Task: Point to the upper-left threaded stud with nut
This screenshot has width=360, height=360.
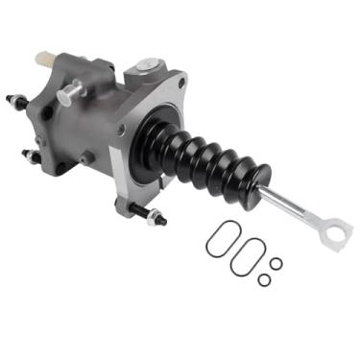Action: (16, 100)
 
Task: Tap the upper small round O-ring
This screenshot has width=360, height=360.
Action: (276, 263)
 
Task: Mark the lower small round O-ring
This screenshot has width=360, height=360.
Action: (263, 281)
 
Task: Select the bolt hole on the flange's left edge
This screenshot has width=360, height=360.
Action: (120, 129)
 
